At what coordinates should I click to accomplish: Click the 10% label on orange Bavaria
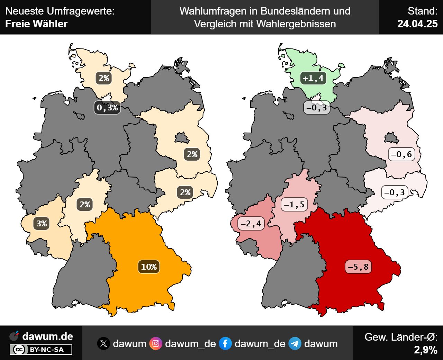point(149,267)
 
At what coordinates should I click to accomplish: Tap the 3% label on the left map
point(42,223)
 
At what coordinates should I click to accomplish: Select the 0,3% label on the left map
point(107,108)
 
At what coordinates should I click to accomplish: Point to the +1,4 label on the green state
point(313,78)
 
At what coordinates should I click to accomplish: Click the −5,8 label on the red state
point(358,267)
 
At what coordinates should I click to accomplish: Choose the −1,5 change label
point(294,205)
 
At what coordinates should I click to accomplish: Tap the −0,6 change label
point(401,154)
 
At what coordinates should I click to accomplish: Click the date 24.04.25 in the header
point(417,24)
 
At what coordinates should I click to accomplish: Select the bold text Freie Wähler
point(36,24)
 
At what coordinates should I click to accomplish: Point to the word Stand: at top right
point(423,11)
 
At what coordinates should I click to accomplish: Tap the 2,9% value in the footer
point(426,350)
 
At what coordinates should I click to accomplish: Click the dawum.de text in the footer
point(47,336)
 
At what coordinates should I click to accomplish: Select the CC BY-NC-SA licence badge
point(41,350)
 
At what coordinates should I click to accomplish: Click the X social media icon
point(103,344)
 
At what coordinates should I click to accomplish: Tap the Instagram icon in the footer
point(156,344)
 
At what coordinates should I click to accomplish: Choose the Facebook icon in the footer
point(225,344)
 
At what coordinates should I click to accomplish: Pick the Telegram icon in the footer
point(295,344)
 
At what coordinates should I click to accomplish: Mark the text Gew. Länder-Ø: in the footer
point(401,337)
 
